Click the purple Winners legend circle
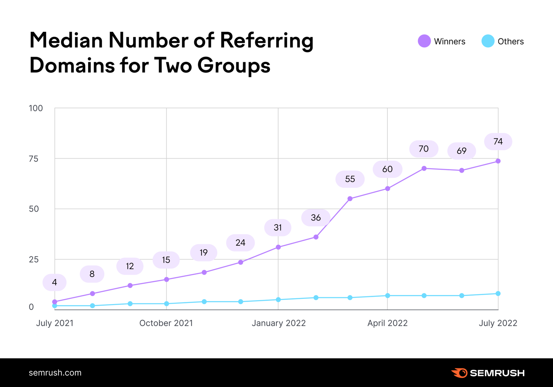[424, 41]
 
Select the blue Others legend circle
[488, 41]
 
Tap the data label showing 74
[498, 142]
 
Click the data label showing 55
[350, 179]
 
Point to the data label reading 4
[55, 282]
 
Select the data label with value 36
[316, 218]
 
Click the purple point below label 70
[424, 168]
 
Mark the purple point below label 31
[278, 247]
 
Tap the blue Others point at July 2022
[498, 294]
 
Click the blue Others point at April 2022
[387, 296]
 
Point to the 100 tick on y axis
[36, 108]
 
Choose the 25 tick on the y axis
[34, 259]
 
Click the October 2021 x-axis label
[166, 323]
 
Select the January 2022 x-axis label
[279, 323]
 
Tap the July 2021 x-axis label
[55, 323]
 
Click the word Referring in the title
[266, 41]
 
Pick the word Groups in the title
[234, 66]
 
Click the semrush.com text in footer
[55, 373]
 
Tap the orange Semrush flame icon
[460, 373]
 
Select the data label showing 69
[461, 151]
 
